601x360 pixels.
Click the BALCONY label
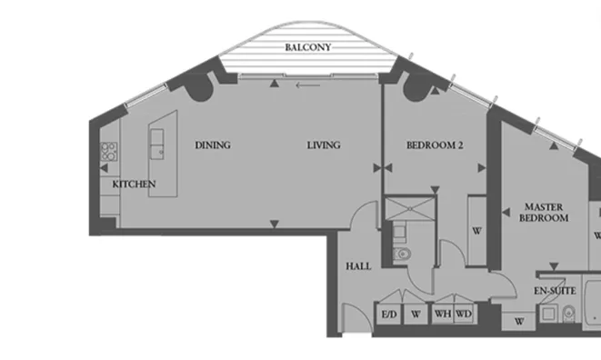coord(308,47)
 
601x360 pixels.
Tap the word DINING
coord(213,145)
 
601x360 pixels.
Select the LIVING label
coord(324,145)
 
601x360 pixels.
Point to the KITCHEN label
coord(134,184)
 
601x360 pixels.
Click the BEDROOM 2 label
coord(435,145)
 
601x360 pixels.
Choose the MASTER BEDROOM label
coord(544,213)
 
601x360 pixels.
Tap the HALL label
coord(358,266)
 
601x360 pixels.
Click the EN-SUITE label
coord(555,291)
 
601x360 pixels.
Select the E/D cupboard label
coord(389,315)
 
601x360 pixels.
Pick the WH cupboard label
coord(443,314)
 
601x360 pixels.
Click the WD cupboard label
coord(464,314)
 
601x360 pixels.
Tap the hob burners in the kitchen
coord(109,152)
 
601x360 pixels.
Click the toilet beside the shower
coord(402,254)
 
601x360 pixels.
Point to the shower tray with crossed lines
coord(410,208)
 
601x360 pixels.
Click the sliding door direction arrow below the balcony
coord(308,85)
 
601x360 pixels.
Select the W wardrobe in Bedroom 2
coord(476,231)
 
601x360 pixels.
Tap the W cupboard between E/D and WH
coord(416,315)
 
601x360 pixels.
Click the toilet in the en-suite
coord(569,314)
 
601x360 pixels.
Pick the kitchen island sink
coord(156,145)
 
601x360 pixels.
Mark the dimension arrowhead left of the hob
coord(104,168)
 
